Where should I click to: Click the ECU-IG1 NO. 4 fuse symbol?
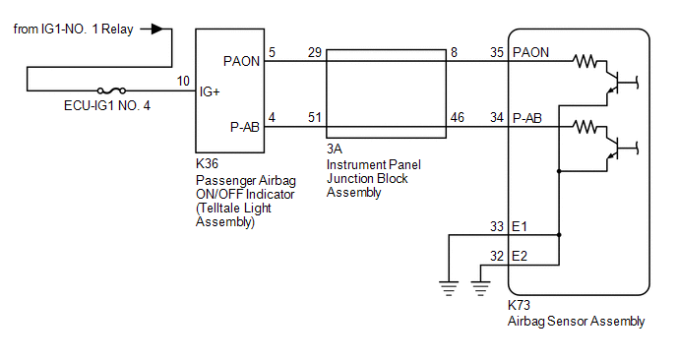[111, 90]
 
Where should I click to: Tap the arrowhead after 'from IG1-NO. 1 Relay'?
[157, 29]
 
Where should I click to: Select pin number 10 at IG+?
[183, 82]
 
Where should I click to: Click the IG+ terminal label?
[210, 91]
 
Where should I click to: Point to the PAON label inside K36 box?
[241, 61]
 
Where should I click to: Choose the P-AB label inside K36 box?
[245, 127]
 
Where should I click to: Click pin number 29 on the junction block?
[315, 52]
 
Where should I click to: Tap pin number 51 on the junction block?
[315, 117]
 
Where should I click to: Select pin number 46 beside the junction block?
[458, 117]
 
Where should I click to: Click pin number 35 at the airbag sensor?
[497, 52]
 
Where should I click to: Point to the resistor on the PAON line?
[585, 61]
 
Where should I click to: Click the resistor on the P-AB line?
[585, 127]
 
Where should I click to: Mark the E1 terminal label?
[520, 226]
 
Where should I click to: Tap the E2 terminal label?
[520, 257]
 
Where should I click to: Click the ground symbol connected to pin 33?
[449, 288]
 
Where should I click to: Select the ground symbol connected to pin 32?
[480, 288]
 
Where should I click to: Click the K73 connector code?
[519, 305]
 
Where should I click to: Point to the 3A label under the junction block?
[335, 149]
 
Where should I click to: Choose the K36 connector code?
[208, 163]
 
